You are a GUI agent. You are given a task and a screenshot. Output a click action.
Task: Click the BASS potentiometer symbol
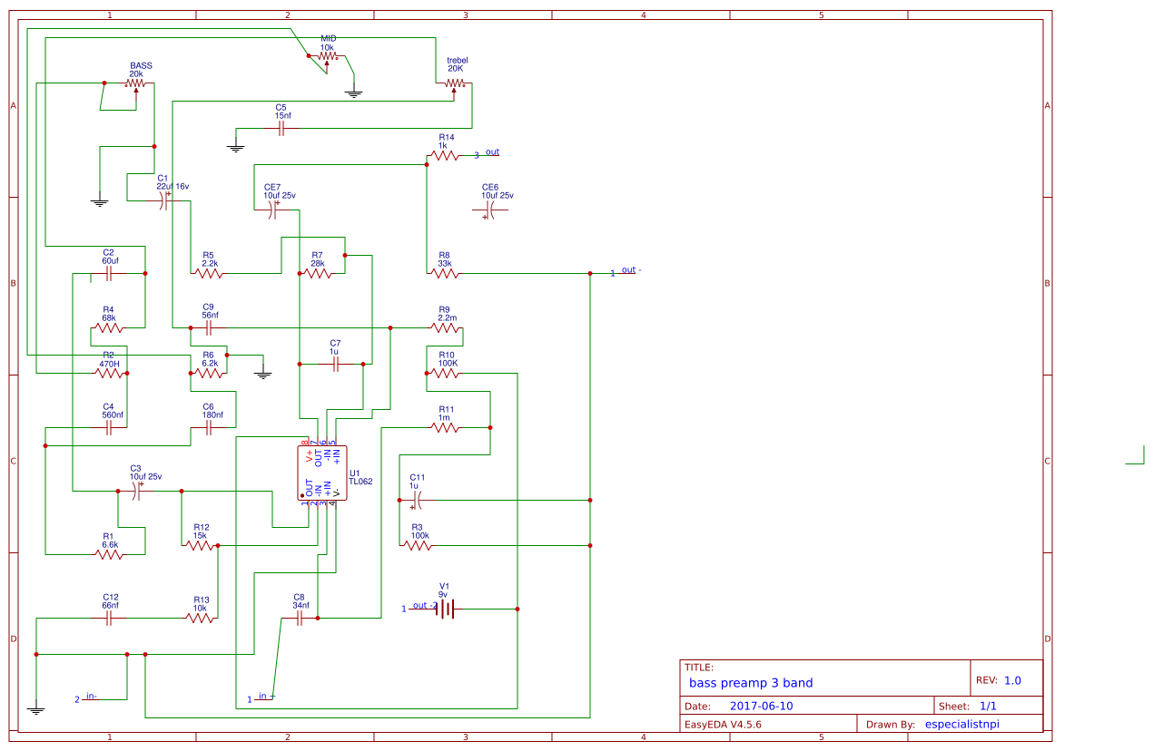click(135, 83)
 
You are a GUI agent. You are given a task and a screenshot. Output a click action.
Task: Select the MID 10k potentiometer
click(327, 56)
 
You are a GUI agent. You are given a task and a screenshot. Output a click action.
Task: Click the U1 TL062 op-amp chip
click(322, 473)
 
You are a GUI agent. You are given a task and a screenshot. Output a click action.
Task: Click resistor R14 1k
click(445, 156)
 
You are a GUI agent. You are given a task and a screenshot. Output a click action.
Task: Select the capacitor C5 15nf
click(281, 129)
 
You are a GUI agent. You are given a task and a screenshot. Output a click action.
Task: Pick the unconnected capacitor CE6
click(490, 210)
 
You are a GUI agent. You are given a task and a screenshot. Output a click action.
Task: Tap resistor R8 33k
click(445, 273)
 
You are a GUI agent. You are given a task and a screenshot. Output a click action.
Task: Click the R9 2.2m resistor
click(445, 327)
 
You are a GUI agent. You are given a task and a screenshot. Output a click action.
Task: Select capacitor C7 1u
click(335, 364)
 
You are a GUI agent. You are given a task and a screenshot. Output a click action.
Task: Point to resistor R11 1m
click(445, 427)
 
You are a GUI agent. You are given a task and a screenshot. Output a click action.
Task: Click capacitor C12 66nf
click(109, 618)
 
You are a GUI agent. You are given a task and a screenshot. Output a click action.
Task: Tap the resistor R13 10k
click(201, 618)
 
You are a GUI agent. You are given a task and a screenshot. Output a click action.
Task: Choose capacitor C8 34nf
click(299, 618)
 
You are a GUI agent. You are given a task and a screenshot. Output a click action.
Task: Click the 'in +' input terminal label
click(265, 697)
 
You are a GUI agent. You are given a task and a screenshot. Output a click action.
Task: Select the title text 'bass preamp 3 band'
click(751, 683)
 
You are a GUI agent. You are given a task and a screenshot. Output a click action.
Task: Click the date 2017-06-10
click(761, 706)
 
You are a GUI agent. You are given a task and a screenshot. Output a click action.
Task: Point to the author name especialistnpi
click(968, 724)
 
